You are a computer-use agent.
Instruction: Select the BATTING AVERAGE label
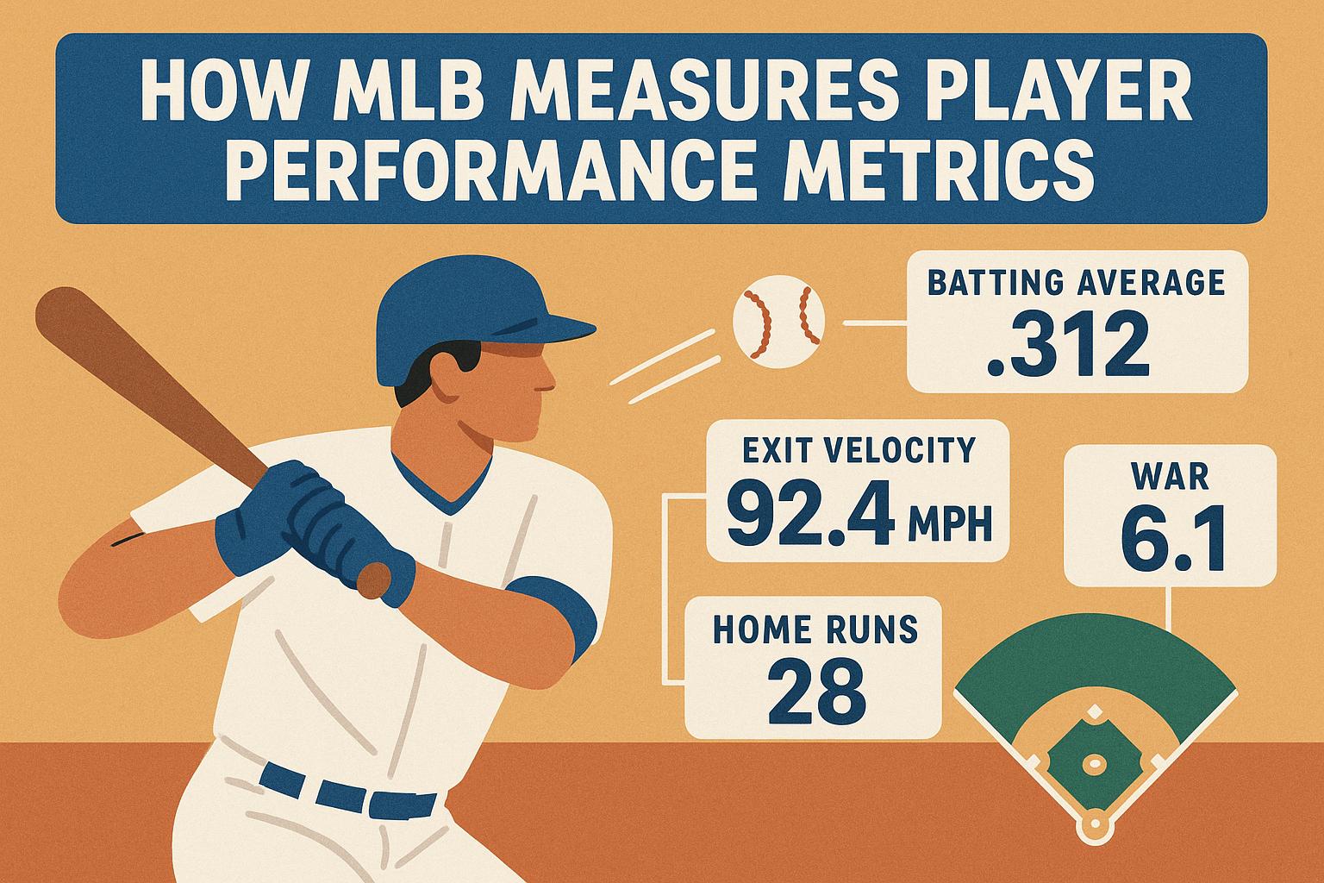click(1077, 283)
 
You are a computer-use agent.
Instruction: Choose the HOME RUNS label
click(815, 630)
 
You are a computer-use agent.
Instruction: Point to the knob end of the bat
click(373, 579)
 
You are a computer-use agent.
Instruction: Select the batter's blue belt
click(345, 789)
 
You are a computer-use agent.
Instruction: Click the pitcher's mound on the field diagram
click(1094, 763)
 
